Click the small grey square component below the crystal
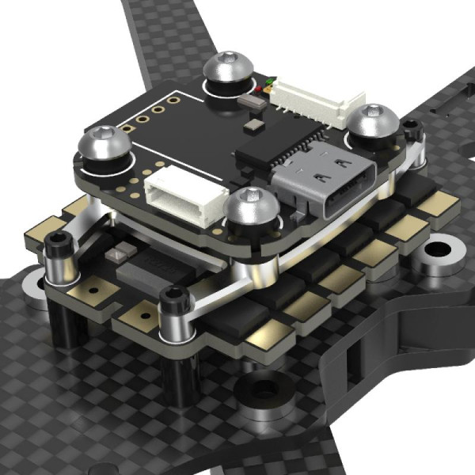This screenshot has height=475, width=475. click(x=252, y=125)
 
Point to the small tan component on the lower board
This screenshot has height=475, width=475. click(x=121, y=253)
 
